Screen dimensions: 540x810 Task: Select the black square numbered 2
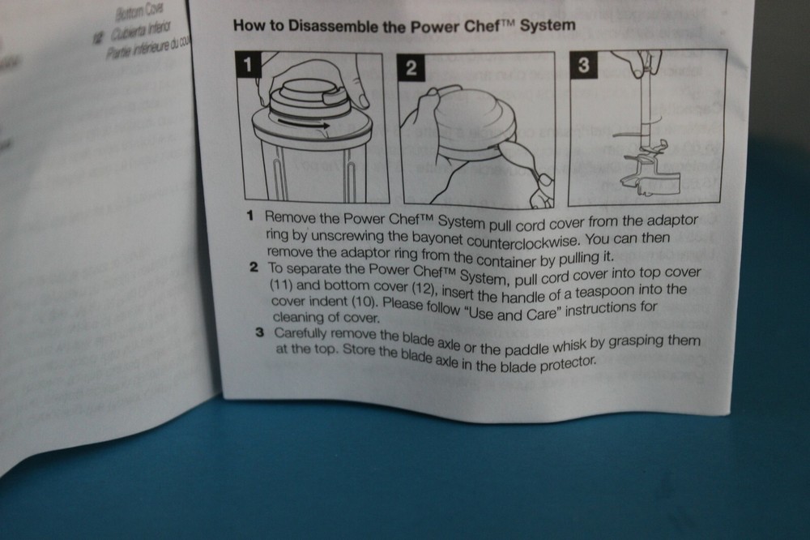(x=411, y=69)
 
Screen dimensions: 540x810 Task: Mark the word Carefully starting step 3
(x=304, y=334)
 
